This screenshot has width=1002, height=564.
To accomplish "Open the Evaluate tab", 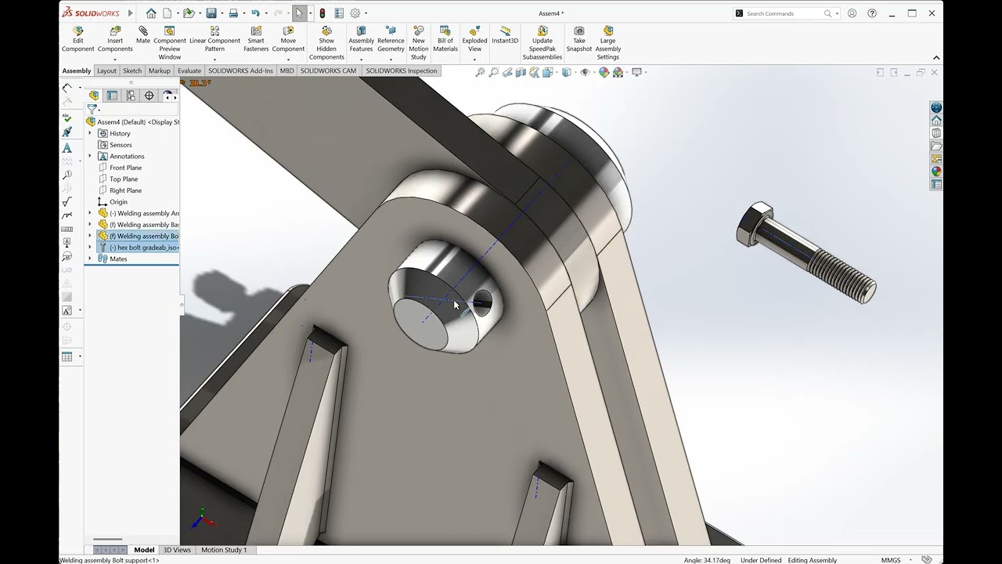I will click(189, 70).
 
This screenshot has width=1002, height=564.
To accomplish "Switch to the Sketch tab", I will click(132, 70).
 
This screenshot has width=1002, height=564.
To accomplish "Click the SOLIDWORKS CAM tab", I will click(328, 70).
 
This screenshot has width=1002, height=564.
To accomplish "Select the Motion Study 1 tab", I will click(224, 550).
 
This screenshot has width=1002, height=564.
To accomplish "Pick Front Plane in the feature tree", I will click(125, 168).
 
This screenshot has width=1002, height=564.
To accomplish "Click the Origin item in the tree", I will click(118, 202).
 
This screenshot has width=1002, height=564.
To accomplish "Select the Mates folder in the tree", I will click(118, 258).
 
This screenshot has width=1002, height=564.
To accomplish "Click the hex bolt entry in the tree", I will click(144, 248).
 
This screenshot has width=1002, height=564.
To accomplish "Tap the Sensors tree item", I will click(121, 145).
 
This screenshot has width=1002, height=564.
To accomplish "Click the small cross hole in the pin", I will click(482, 302).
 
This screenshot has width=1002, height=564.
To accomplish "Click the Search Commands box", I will click(784, 13).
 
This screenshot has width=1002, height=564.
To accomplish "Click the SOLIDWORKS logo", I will click(90, 13).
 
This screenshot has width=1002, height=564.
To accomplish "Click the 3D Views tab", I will click(177, 550).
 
